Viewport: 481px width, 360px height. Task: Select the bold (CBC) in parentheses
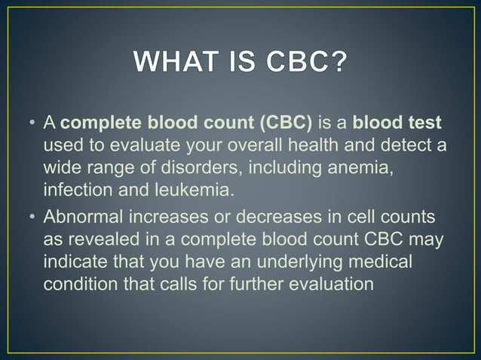[x=286, y=123]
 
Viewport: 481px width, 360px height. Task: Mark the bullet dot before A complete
[x=32, y=124]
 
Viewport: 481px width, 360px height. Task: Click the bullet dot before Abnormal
[x=32, y=219]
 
